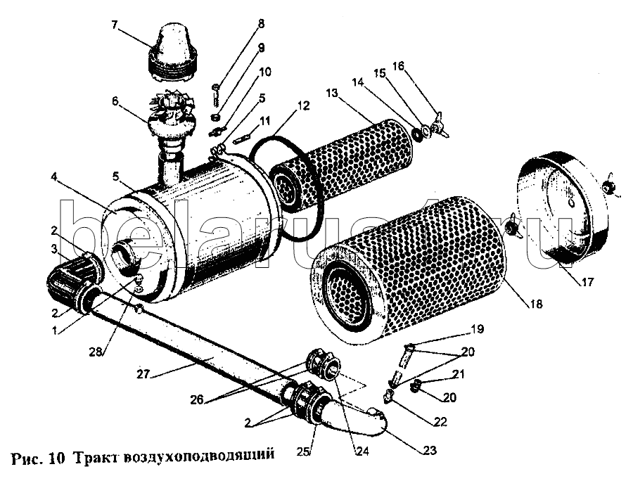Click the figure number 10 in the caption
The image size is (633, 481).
coord(58,458)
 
